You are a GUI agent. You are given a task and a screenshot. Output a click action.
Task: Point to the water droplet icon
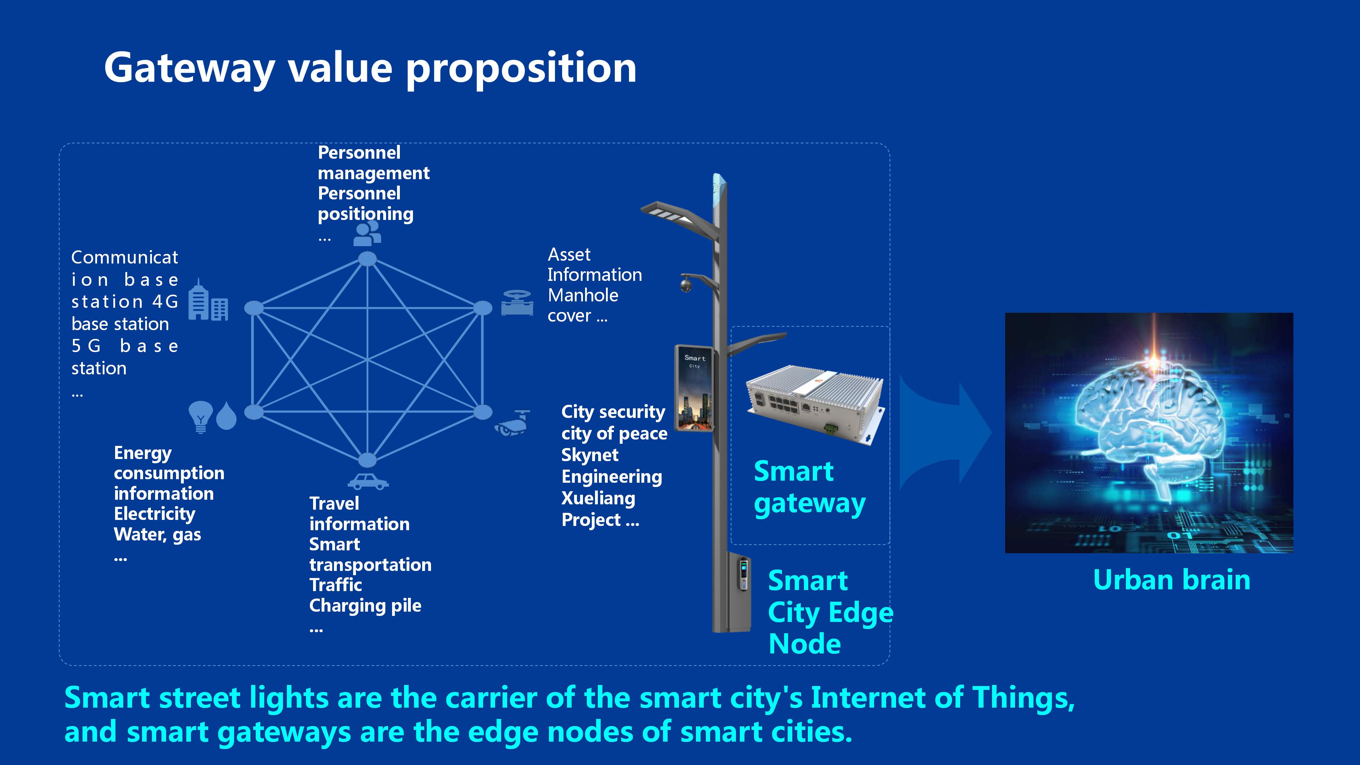(x=227, y=416)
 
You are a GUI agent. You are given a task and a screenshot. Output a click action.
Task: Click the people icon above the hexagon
(x=367, y=233)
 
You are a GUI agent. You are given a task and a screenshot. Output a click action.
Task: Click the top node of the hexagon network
(x=368, y=259)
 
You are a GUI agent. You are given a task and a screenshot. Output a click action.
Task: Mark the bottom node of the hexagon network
(x=368, y=460)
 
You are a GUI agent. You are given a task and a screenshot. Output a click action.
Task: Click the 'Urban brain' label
(x=1172, y=580)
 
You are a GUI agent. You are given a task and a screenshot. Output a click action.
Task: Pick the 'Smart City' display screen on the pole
(x=694, y=388)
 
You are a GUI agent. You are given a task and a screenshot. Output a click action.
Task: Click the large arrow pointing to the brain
(x=945, y=433)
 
